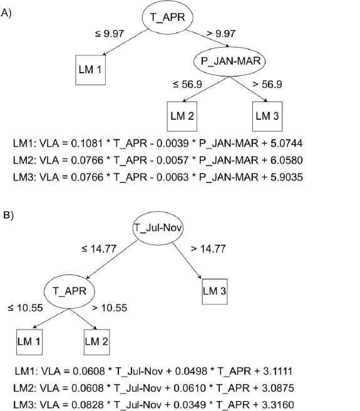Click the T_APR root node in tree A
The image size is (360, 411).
pos(167,18)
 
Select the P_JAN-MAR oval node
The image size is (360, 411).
pos(229,61)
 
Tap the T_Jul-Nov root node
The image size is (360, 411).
pos(158,228)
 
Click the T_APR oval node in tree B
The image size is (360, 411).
pos(69,291)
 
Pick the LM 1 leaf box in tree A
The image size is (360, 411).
pos(90,70)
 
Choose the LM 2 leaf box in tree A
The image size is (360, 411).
pos(182,116)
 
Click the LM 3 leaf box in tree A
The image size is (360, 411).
pos(267,116)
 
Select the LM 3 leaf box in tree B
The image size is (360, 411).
pos(215,291)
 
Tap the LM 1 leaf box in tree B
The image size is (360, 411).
pos(29,342)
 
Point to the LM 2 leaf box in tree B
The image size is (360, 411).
pos(96,342)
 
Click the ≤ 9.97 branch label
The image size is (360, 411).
pos(110,34)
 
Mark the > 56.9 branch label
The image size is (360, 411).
pos(267,85)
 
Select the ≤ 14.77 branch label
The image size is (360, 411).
pos(99,249)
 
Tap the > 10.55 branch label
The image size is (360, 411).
pos(110,308)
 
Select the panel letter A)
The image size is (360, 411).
pos(6,13)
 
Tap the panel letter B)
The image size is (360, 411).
pos(8,215)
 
